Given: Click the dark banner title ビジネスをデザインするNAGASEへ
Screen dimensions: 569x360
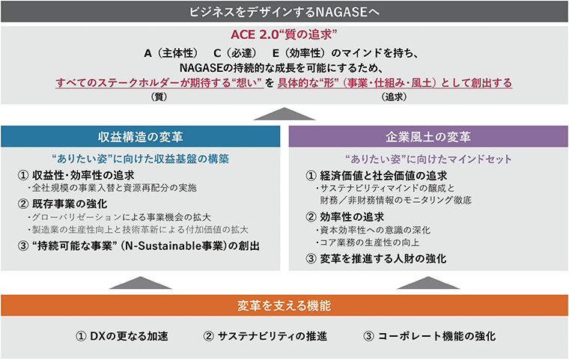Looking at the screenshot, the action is pos(284,12).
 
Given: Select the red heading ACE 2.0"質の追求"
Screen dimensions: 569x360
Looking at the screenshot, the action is pos(284,35).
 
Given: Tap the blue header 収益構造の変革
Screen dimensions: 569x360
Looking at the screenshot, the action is pos(141,137).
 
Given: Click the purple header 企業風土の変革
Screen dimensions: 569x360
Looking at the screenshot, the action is pos(428,137).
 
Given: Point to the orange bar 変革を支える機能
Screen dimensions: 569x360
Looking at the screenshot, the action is pos(284,305).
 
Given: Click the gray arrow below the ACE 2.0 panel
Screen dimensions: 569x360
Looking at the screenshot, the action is pos(284,114).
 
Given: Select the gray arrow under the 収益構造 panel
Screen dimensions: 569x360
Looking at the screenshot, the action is pos(141,283).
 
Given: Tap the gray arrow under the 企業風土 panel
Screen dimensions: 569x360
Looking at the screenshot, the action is pos(428,283).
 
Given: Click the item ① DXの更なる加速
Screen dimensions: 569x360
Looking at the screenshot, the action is pos(121,336).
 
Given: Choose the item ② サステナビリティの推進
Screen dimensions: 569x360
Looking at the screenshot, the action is pos(265,336).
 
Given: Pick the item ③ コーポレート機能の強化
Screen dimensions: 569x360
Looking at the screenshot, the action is pos(429,336).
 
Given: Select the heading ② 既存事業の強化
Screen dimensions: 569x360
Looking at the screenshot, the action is pos(62,204).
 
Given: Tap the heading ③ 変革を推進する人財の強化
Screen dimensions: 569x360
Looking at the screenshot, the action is pos(376,259).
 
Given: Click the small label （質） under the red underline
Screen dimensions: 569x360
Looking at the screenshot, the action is pos(159,97).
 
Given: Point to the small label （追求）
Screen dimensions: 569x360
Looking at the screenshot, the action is pos(394,97).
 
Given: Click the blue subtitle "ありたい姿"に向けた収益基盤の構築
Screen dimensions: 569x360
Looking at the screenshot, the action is pos(141,159).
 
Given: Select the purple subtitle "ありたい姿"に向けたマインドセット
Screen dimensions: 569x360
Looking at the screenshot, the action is pos(428,159).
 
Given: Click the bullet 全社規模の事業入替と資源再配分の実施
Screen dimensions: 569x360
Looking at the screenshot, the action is pos(112,188).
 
